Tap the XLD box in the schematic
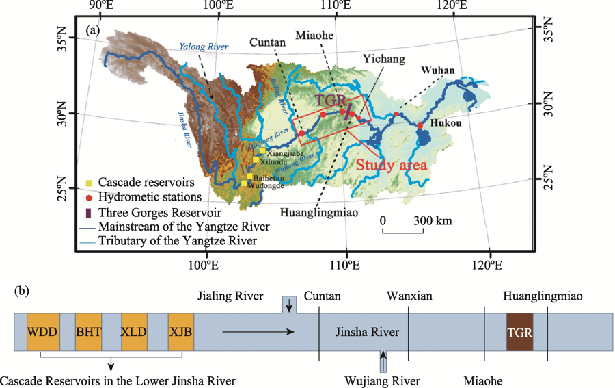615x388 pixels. [x=135, y=333]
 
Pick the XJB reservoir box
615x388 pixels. [x=180, y=333]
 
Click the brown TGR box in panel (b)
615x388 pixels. [x=520, y=333]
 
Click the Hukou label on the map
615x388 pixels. [x=446, y=124]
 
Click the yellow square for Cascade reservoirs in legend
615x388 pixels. [x=89, y=183]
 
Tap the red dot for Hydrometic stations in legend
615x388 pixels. [x=89, y=198]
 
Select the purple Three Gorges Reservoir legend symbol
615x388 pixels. [x=89, y=211]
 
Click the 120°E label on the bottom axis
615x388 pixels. [x=492, y=264]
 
